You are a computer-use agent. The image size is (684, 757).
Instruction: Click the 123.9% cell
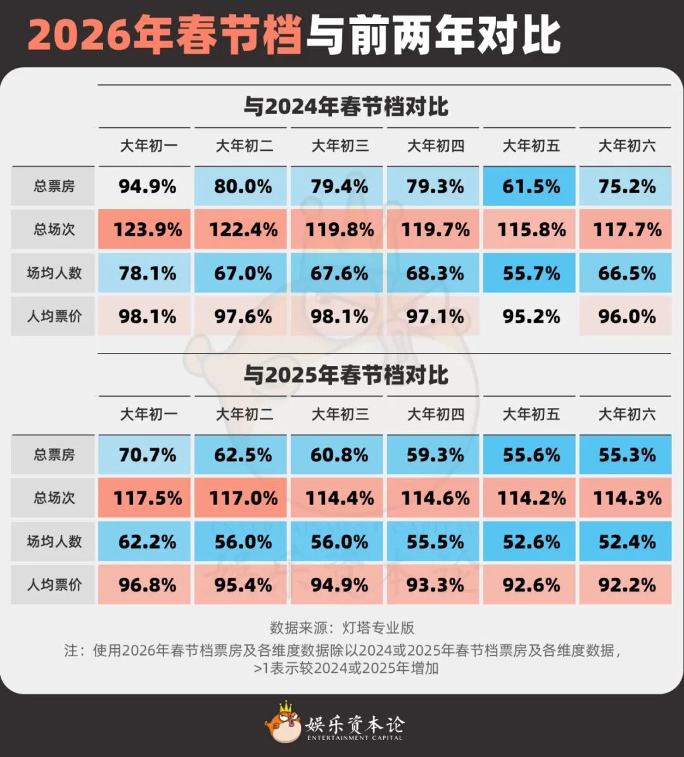pyautogui.click(x=147, y=229)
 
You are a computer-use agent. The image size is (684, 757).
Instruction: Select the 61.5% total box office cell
pyautogui.click(x=531, y=186)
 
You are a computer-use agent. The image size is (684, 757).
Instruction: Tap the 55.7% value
pyautogui.click(x=531, y=273)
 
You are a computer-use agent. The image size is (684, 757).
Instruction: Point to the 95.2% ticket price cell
pyautogui.click(x=531, y=316)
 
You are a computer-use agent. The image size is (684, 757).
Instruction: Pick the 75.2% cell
pyautogui.click(x=626, y=186)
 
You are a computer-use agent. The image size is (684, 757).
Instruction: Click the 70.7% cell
pyautogui.click(x=147, y=455)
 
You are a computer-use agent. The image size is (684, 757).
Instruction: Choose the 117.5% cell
pyautogui.click(x=147, y=498)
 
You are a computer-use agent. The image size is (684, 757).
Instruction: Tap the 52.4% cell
pyautogui.click(x=626, y=542)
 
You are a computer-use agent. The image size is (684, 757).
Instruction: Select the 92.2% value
pyautogui.click(x=626, y=585)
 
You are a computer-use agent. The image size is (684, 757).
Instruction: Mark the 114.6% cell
pyautogui.click(x=435, y=498)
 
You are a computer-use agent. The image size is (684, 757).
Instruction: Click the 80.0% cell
pyautogui.click(x=243, y=186)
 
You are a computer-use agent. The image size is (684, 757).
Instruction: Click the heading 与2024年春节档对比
pyautogui.click(x=346, y=106)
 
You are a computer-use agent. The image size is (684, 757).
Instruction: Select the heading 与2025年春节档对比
pyautogui.click(x=346, y=375)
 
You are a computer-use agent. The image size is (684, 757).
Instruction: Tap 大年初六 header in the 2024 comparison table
pyautogui.click(x=626, y=146)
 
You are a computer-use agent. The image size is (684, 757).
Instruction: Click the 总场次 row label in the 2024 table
pyautogui.click(x=54, y=229)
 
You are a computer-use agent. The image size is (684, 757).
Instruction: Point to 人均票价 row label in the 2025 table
pyautogui.click(x=54, y=585)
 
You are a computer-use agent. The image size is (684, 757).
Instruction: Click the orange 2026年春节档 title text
pyautogui.click(x=163, y=35)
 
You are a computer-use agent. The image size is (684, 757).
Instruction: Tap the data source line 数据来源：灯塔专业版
pyautogui.click(x=342, y=628)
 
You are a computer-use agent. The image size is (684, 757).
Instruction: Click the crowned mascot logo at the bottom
pyautogui.click(x=283, y=723)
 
